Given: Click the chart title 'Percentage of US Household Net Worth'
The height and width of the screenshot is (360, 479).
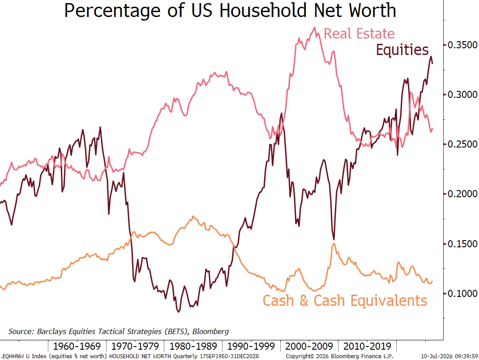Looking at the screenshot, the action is pyautogui.click(x=230, y=10).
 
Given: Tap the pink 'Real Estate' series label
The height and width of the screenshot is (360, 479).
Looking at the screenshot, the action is pyautogui.click(x=359, y=34).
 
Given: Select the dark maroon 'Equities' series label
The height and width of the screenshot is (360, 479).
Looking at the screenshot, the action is pyautogui.click(x=402, y=50).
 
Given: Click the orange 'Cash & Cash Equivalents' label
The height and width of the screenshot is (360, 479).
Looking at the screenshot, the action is pyautogui.click(x=345, y=301).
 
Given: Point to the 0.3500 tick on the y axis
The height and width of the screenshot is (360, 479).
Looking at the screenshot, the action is pyautogui.click(x=462, y=45).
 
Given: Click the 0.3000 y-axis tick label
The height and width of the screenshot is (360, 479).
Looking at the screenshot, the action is pyautogui.click(x=462, y=94).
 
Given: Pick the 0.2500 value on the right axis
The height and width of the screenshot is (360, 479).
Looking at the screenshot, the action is pyautogui.click(x=462, y=144).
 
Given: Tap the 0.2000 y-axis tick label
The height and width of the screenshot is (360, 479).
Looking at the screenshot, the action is pyautogui.click(x=462, y=194).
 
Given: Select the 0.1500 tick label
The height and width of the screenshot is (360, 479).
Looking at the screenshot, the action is pyautogui.click(x=462, y=244).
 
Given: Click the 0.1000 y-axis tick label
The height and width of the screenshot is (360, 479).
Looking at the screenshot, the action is pyautogui.click(x=462, y=293).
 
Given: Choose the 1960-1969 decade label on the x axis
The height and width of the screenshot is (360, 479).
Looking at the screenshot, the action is pyautogui.click(x=77, y=346).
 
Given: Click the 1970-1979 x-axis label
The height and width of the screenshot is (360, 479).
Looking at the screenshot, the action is pyautogui.click(x=135, y=346).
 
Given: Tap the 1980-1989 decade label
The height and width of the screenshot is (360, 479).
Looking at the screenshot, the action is pyautogui.click(x=193, y=346).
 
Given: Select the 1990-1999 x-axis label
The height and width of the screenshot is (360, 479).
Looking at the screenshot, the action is pyautogui.click(x=251, y=346).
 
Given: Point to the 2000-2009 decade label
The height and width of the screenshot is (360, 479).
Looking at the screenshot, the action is pyautogui.click(x=309, y=346).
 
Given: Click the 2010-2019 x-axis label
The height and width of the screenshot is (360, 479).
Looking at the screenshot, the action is pyautogui.click(x=367, y=346).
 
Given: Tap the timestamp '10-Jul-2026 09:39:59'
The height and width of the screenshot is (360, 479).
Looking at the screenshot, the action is pyautogui.click(x=449, y=356).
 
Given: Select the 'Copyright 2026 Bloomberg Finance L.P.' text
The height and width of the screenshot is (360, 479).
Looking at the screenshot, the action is pyautogui.click(x=340, y=356).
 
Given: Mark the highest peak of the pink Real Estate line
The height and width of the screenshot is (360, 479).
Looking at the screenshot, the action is pyautogui.click(x=315, y=27).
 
